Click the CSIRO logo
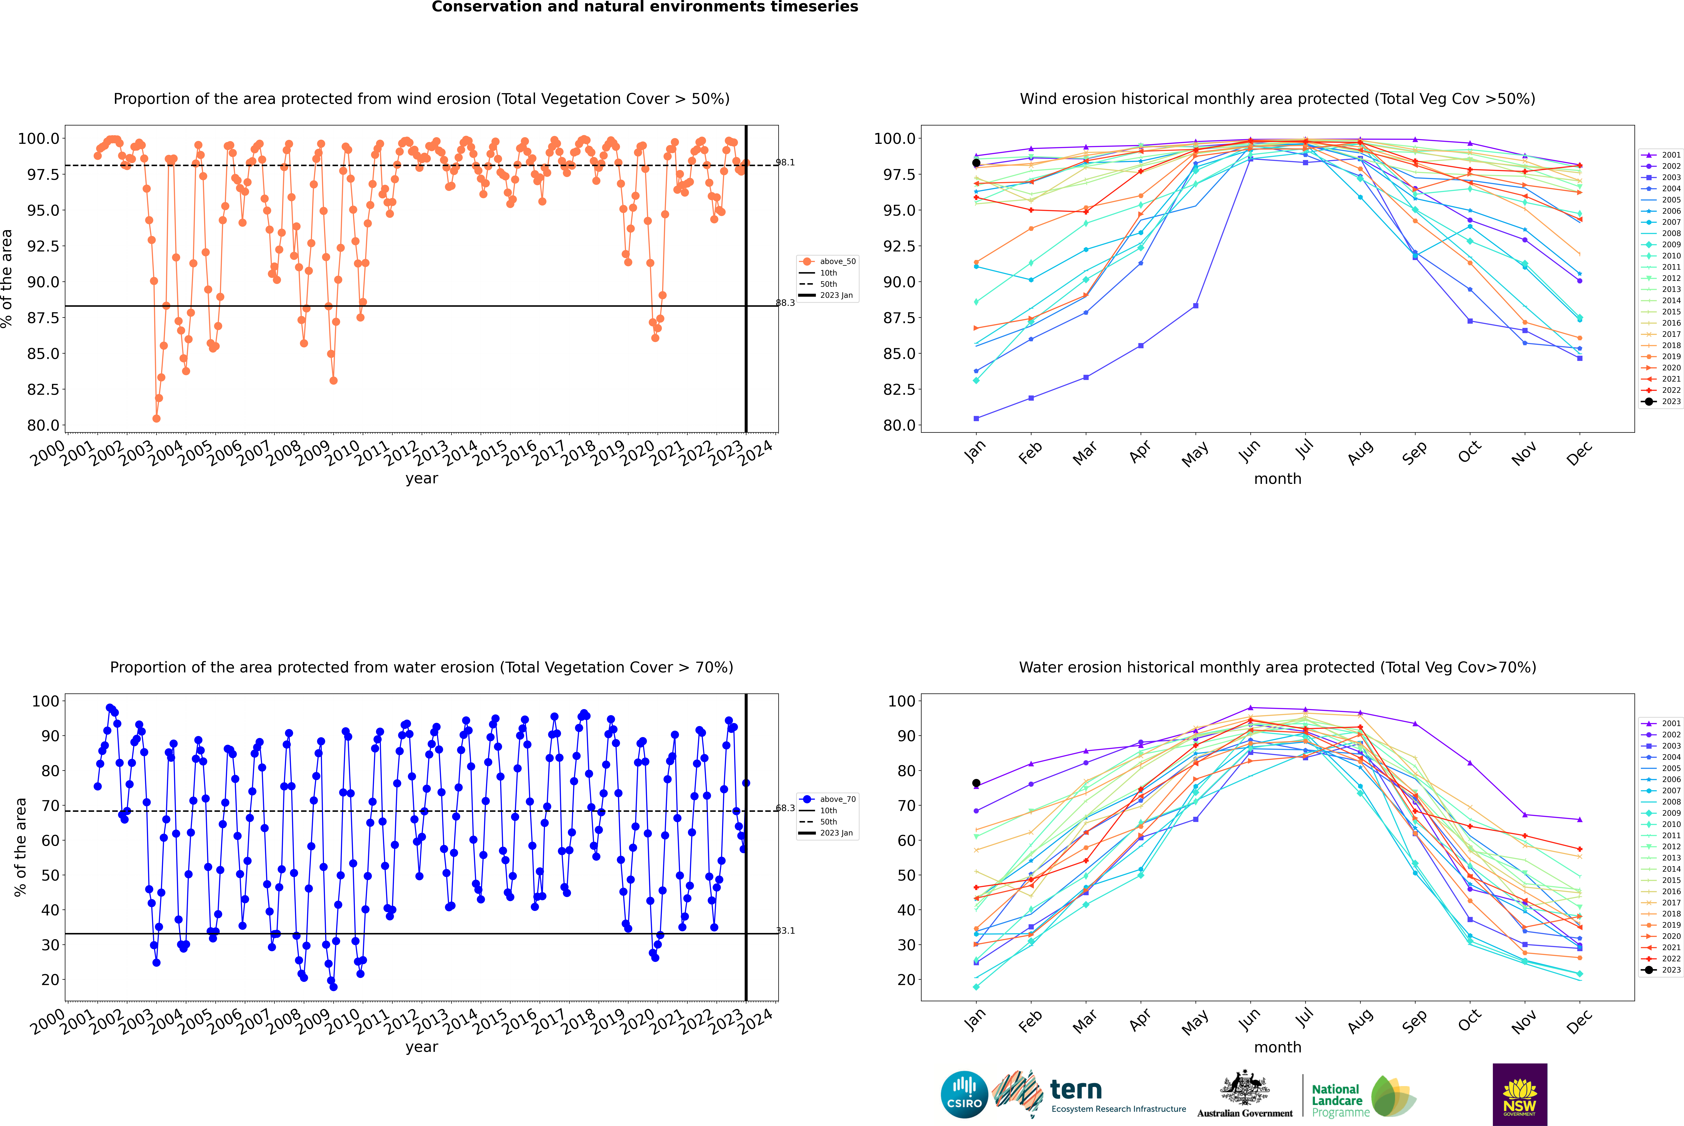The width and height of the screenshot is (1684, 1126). coord(964,1094)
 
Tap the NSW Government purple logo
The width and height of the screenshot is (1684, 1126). coord(1520,1094)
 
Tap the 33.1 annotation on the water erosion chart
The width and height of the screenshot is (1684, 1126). coord(785,931)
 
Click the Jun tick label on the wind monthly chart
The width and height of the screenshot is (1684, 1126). coord(1249,451)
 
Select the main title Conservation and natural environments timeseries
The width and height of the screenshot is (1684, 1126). coord(645,7)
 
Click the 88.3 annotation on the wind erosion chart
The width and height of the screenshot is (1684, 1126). coord(785,303)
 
